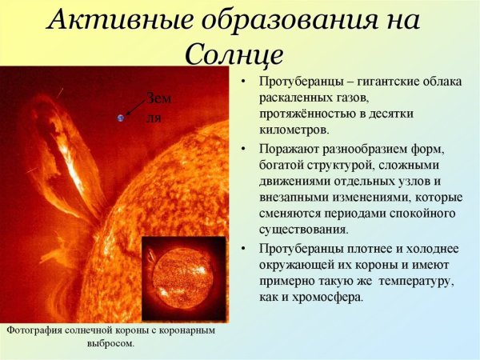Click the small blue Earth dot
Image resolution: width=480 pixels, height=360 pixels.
click(x=121, y=118)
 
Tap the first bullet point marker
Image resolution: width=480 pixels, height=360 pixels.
click(x=243, y=83)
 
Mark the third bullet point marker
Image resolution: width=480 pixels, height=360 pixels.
click(x=243, y=249)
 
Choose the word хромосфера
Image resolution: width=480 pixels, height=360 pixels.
click(x=322, y=297)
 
